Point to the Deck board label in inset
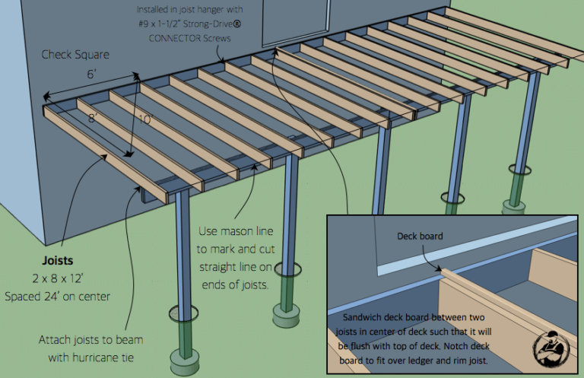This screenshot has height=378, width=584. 420,236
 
